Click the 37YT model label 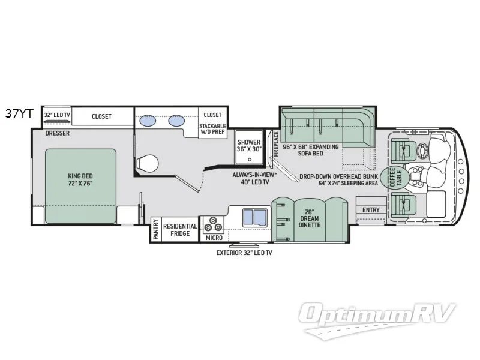[19, 114]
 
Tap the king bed [81, 186]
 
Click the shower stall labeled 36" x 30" [249, 147]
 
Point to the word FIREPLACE [276, 144]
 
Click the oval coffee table [395, 178]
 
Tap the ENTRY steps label [371, 210]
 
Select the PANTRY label [156, 229]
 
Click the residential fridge [180, 230]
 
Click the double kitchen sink [254, 218]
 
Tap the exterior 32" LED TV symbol [244, 245]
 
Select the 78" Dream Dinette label [310, 218]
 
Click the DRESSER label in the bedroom [57, 133]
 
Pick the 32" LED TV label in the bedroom [57, 115]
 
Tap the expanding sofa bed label [311, 150]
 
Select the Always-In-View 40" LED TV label [254, 178]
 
